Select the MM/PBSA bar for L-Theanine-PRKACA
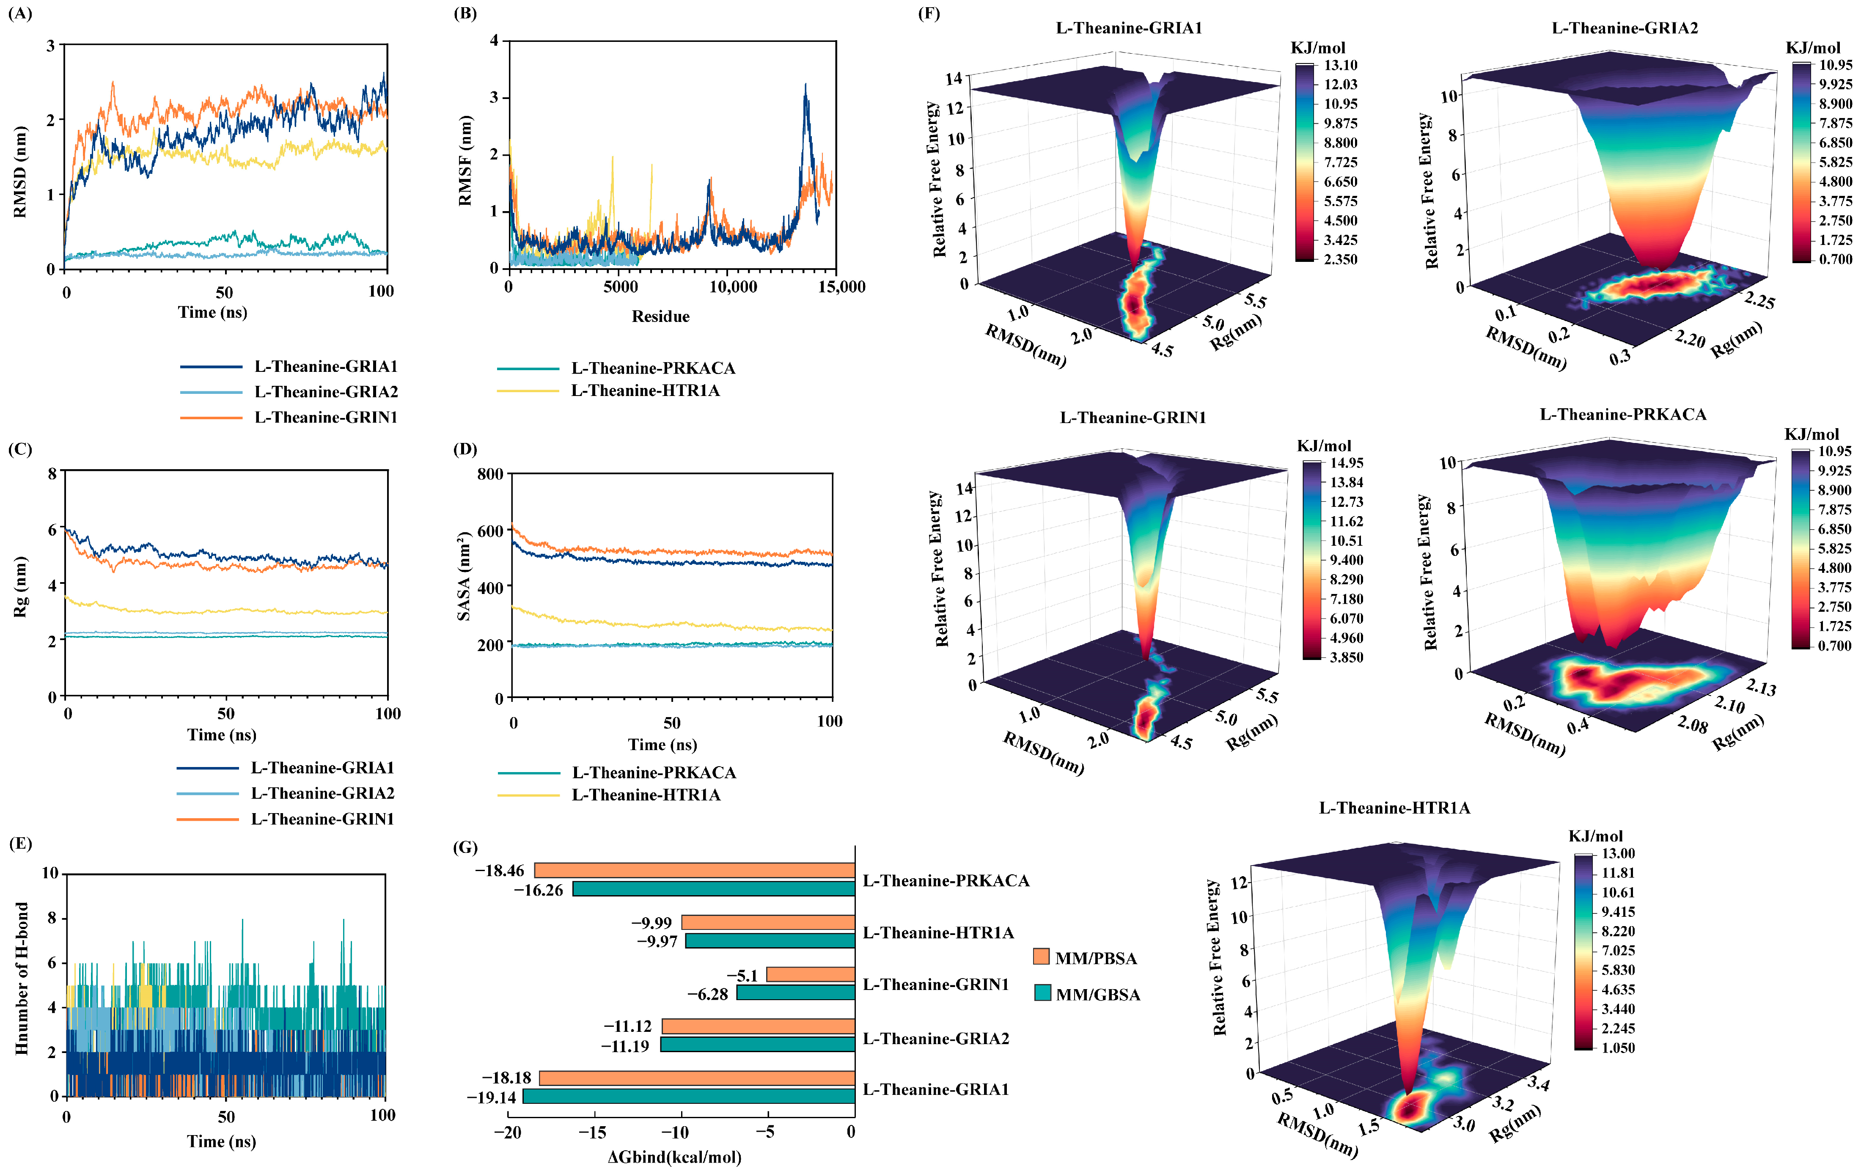coord(694,870)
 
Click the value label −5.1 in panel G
coord(742,975)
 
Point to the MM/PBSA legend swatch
coord(1042,957)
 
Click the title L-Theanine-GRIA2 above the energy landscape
coord(1625,28)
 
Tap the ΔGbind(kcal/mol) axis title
coord(674,1157)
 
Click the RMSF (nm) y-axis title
coord(465,161)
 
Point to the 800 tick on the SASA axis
coord(490,474)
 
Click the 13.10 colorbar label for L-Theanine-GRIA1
coord(1340,65)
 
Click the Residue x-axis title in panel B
coord(660,316)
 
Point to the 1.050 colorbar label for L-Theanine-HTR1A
coord(1618,1047)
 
